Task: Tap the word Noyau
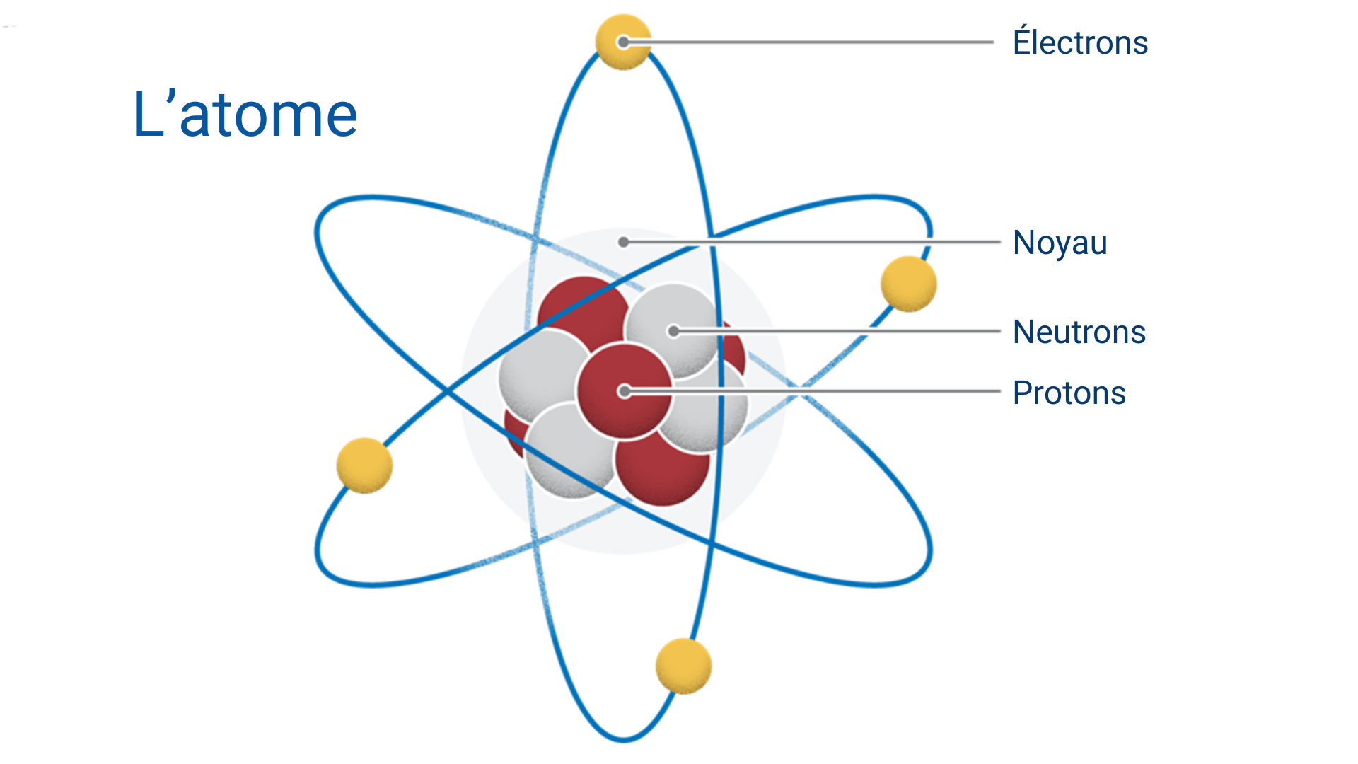[1060, 243]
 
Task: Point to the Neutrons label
[1079, 332]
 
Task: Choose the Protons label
[1069, 393]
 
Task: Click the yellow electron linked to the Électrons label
[623, 42]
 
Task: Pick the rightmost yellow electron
[909, 284]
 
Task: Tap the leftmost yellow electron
[364, 465]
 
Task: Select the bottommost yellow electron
[683, 666]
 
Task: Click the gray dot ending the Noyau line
[623, 242]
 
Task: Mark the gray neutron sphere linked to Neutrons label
[672, 329]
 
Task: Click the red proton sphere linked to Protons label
[624, 391]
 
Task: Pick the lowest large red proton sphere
[662, 467]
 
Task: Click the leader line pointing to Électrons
[808, 42]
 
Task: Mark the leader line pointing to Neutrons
[837, 331]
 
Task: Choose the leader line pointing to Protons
[813, 391]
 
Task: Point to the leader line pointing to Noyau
[812, 242]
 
